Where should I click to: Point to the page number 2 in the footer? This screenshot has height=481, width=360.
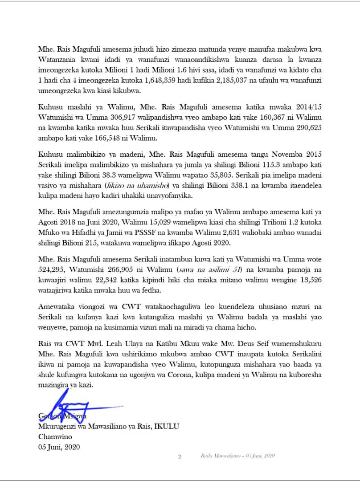point(180,457)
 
